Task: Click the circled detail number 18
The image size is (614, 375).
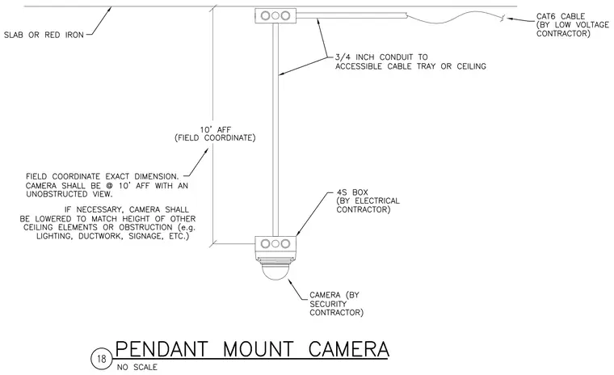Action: (102, 359)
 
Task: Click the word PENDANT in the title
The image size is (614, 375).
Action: (162, 349)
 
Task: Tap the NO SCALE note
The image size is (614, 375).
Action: (137, 368)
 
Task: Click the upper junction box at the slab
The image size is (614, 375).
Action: (275, 15)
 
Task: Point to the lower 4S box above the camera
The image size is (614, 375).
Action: (275, 244)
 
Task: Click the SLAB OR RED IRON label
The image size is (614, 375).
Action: (44, 35)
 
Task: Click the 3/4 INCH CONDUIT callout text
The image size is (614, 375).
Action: (410, 62)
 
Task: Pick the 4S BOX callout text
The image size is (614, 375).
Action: (368, 201)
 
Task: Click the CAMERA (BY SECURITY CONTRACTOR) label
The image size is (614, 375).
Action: (336, 304)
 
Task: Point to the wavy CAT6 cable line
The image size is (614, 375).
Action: (455, 18)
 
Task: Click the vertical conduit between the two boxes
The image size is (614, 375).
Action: (275, 129)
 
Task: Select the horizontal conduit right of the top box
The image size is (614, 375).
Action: (351, 15)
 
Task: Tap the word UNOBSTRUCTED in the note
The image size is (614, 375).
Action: (57, 194)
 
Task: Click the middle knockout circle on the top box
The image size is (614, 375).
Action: (275, 15)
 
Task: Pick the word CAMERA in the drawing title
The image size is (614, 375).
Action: (348, 349)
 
